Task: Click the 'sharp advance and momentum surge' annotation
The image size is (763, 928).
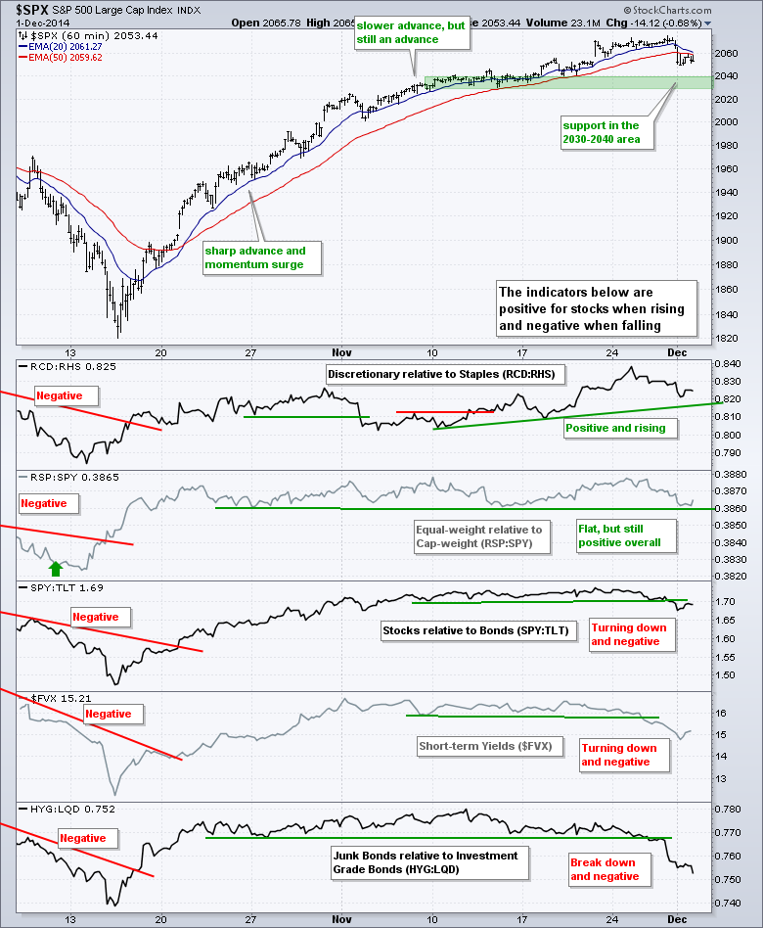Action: click(261, 257)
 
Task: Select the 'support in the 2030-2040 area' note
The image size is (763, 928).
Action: click(600, 133)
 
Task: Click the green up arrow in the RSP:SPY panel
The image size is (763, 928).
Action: click(56, 567)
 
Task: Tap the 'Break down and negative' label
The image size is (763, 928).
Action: click(604, 869)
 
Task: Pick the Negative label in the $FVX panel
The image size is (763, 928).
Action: click(109, 715)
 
